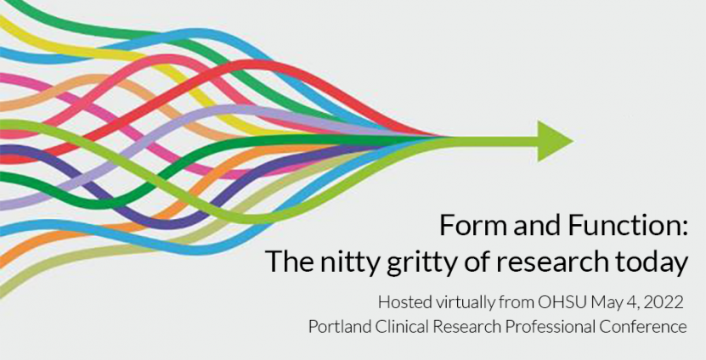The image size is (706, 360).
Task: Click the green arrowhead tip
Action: click(573, 141)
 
